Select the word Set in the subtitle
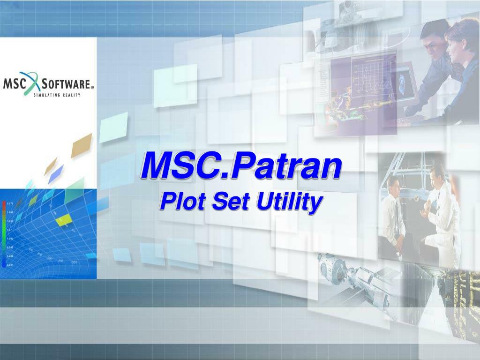coord(225,202)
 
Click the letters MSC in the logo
coord(15,84)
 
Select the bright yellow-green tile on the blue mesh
coord(65,218)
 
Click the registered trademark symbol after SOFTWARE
coord(92,87)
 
